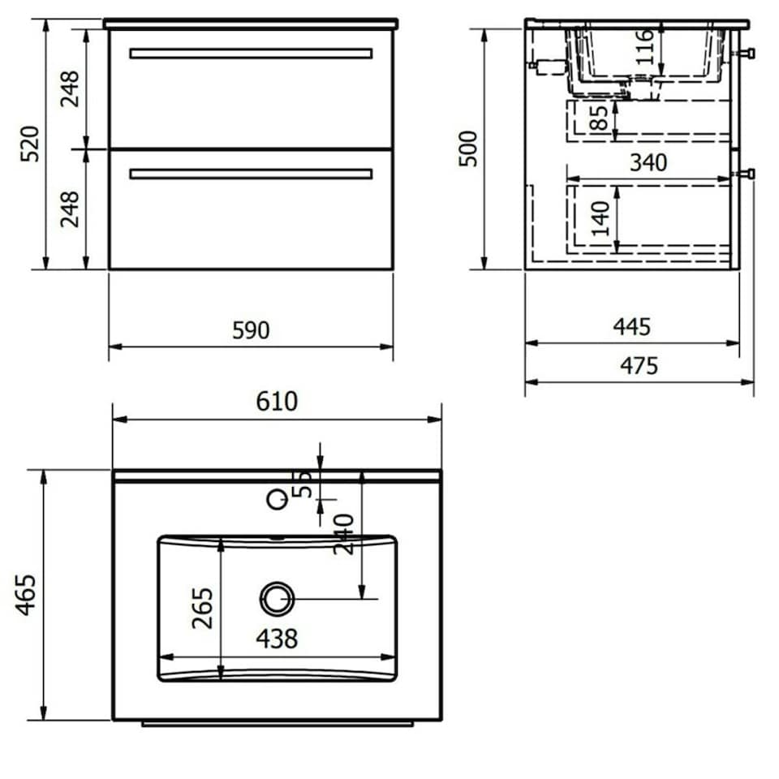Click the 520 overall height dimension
pyautogui.click(x=30, y=144)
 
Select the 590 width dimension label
pyautogui.click(x=251, y=331)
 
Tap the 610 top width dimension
pyautogui.click(x=277, y=402)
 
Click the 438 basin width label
pyautogui.click(x=277, y=639)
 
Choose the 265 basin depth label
pyautogui.click(x=203, y=608)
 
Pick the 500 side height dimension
pyautogui.click(x=468, y=148)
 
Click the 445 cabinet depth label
pyautogui.click(x=631, y=327)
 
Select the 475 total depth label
pyautogui.click(x=639, y=366)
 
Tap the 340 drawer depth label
pyautogui.click(x=648, y=163)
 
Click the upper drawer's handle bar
pyautogui.click(x=251, y=54)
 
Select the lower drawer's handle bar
pyautogui.click(x=251, y=174)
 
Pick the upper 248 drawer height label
pyautogui.click(x=71, y=89)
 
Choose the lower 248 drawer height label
pyautogui.click(x=71, y=209)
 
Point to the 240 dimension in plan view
pyautogui.click(x=343, y=533)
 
